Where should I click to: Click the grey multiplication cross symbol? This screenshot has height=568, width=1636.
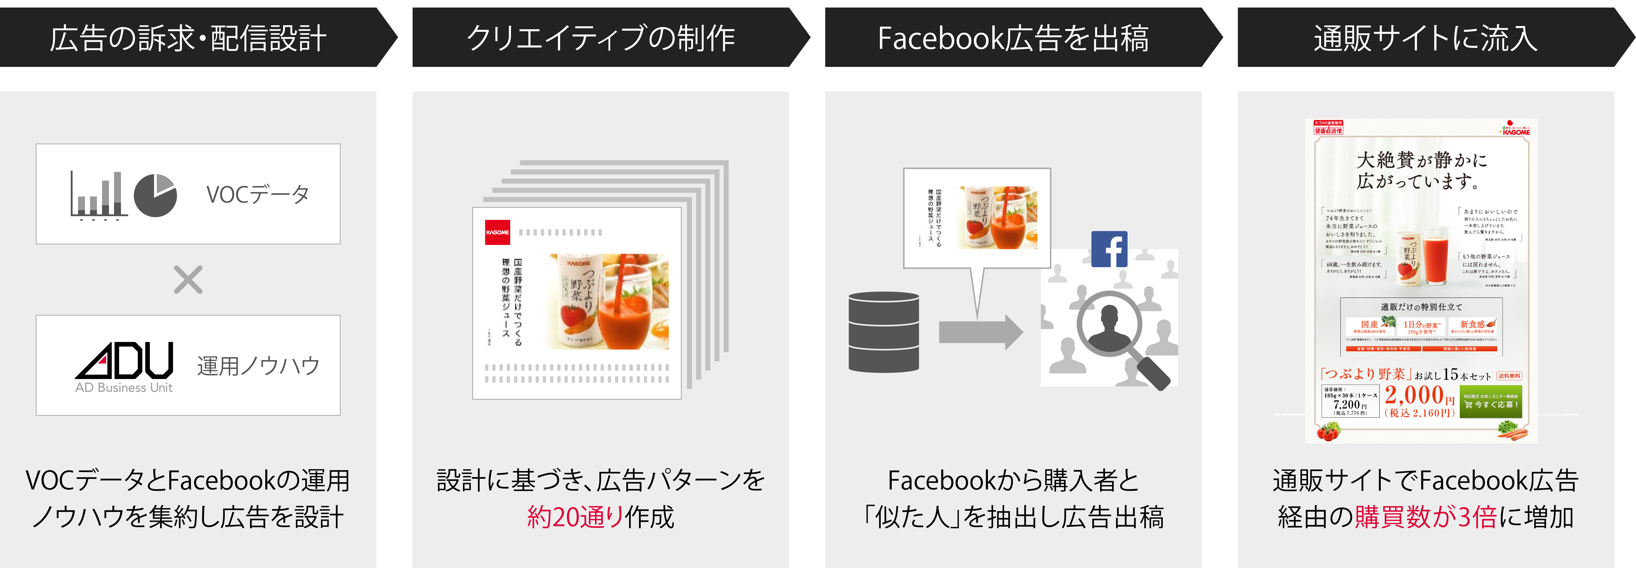point(188,279)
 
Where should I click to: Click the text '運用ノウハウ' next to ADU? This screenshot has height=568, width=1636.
point(258,366)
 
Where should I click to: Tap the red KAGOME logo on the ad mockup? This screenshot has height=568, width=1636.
point(497,232)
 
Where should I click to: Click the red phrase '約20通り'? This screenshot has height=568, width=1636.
point(575,517)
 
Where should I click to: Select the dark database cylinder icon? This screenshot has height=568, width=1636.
point(884,332)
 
